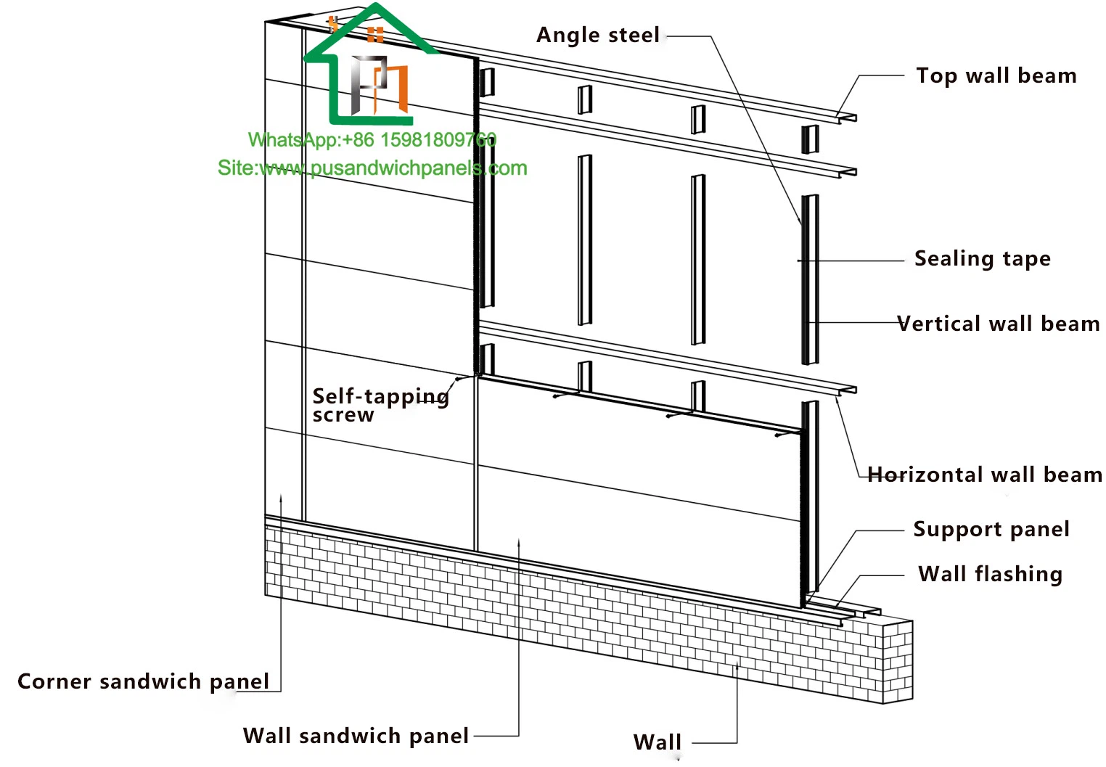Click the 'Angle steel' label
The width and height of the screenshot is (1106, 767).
click(597, 35)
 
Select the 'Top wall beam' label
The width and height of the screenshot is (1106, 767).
click(996, 75)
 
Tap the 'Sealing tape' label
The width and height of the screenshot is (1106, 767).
click(982, 258)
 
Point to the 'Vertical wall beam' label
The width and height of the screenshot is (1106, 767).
click(998, 324)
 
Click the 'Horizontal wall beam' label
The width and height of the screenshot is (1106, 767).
click(985, 475)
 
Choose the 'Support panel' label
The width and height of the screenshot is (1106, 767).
click(991, 529)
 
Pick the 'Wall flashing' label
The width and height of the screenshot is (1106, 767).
click(990, 574)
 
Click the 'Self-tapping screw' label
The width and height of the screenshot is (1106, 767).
click(380, 405)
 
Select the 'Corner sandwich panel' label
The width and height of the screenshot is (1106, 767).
click(143, 681)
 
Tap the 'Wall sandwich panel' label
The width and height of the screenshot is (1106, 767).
click(356, 736)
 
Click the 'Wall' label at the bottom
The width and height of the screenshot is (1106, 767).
click(657, 742)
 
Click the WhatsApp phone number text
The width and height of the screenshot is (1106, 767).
click(372, 139)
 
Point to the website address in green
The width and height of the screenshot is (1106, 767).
click(372, 168)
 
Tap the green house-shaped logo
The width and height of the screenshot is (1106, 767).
click(370, 65)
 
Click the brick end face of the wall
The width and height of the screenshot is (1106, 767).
click(898, 661)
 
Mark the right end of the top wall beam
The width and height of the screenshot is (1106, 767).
click(848, 118)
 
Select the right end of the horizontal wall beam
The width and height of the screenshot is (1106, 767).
click(848, 390)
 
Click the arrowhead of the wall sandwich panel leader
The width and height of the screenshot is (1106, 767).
click(519, 541)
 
